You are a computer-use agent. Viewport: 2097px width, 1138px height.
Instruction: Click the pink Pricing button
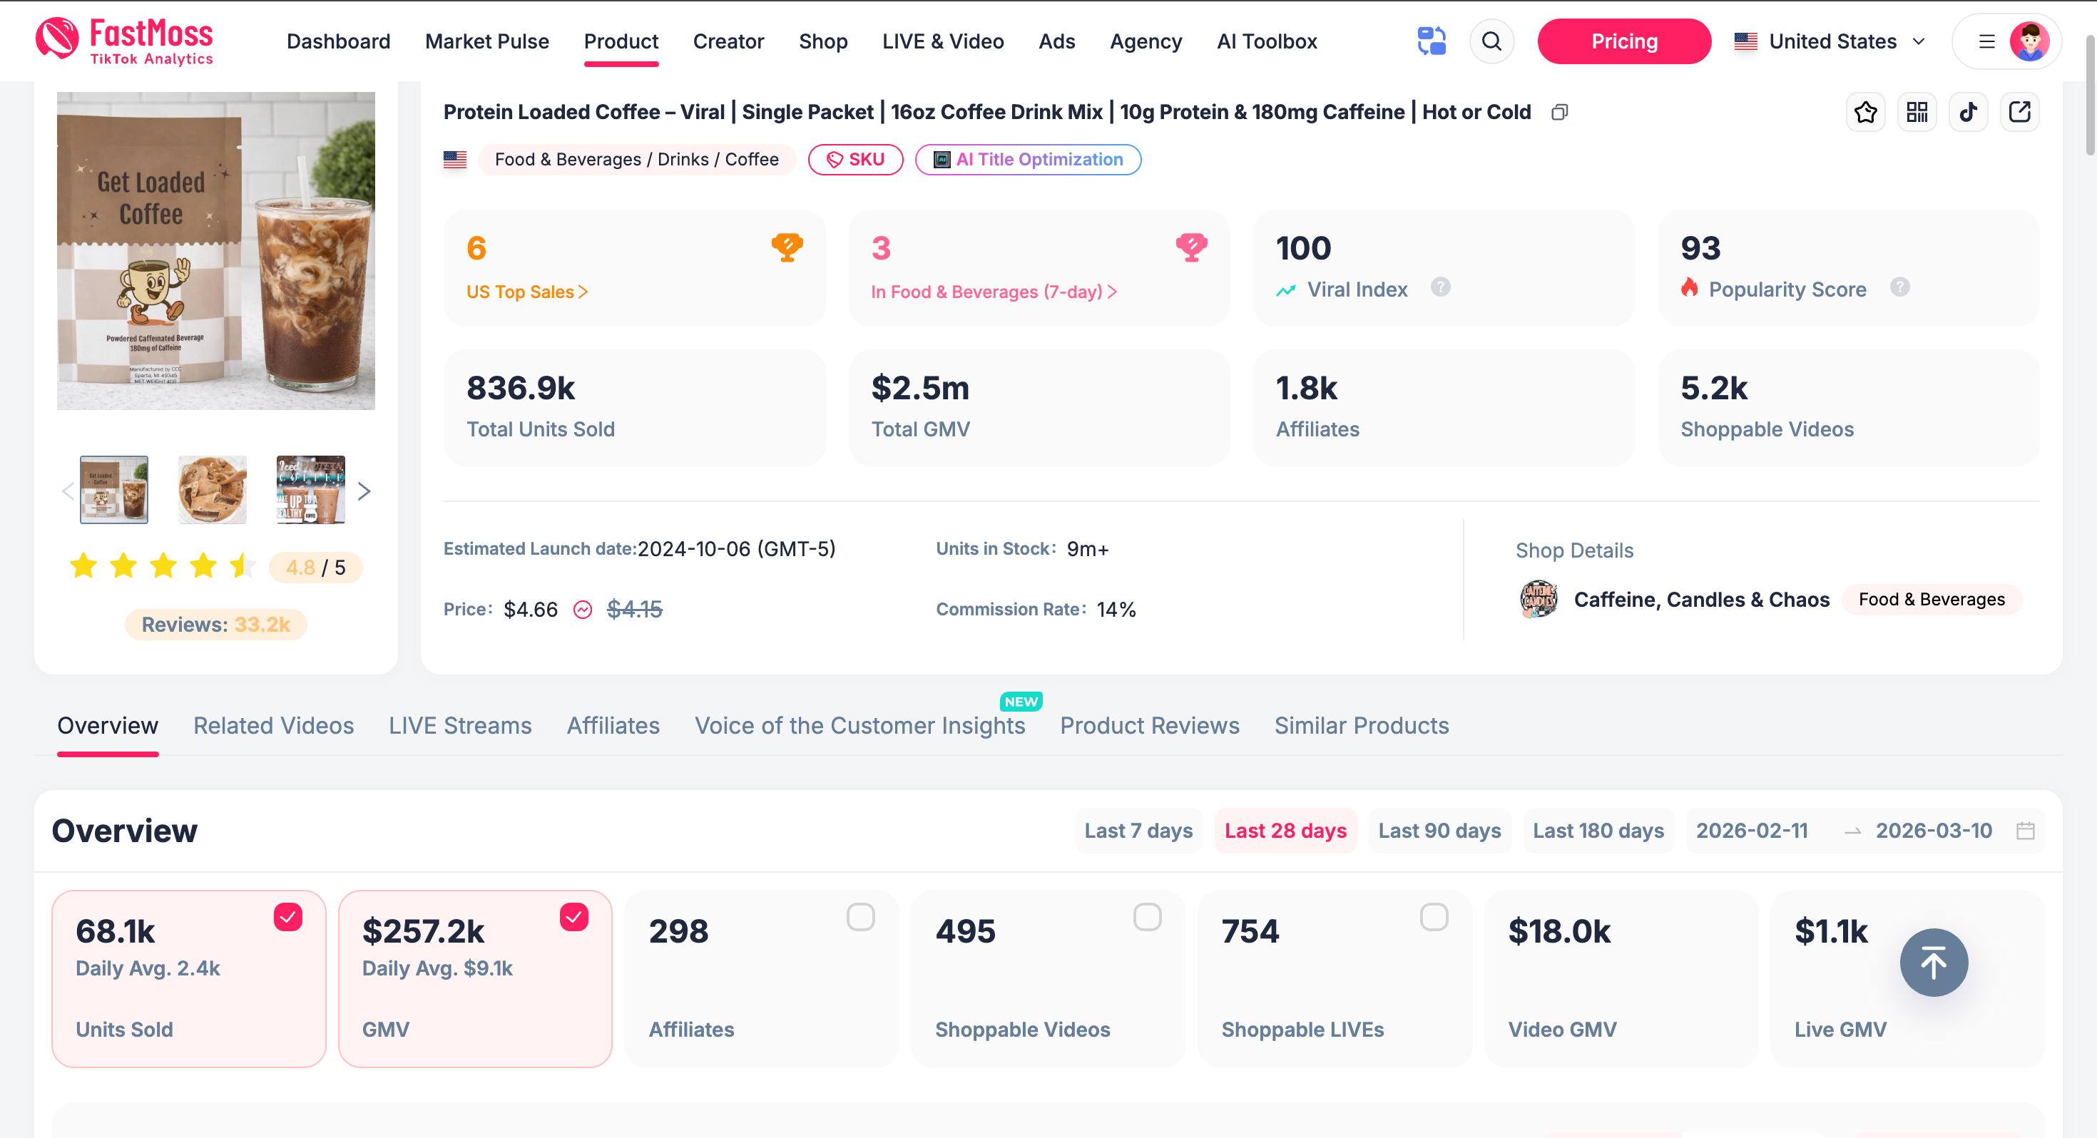click(x=1623, y=41)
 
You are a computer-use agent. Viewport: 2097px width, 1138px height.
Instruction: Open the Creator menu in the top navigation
click(x=728, y=41)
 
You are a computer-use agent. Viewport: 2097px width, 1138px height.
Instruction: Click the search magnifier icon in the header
click(x=1491, y=41)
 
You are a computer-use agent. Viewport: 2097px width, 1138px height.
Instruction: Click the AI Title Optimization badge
click(x=1027, y=160)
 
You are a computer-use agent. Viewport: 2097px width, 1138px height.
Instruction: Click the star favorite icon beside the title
click(x=1865, y=113)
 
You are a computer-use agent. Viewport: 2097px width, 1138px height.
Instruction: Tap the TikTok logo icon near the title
click(x=1969, y=113)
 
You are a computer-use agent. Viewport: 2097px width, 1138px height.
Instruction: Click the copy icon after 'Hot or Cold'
click(x=1559, y=113)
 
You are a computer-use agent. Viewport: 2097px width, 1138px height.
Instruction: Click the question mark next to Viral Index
click(x=1440, y=287)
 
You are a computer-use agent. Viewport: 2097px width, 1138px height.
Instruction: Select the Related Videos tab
click(x=273, y=725)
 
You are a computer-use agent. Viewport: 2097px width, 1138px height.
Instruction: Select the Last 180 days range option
click(x=1598, y=830)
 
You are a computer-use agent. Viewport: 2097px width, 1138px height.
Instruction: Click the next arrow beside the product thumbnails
click(x=364, y=491)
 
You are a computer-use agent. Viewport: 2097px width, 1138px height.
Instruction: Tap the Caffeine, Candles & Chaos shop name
click(x=1700, y=600)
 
